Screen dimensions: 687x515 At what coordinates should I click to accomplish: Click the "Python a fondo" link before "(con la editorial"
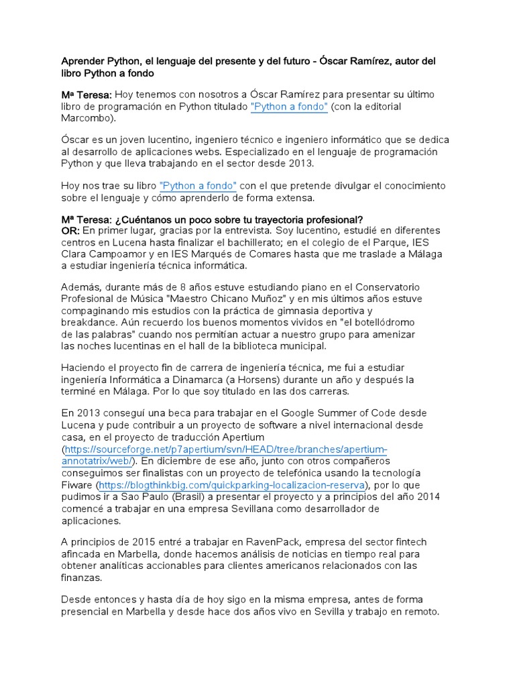pos(289,107)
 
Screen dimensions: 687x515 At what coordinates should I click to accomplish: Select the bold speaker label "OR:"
pos(70,231)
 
